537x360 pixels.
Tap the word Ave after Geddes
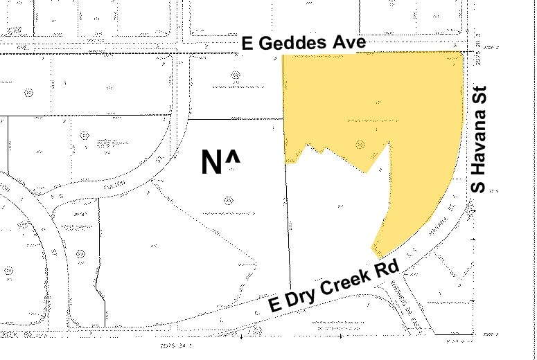(349, 44)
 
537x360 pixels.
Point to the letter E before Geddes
(247, 44)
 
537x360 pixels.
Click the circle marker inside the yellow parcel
(360, 144)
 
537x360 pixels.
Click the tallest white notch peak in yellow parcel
(386, 145)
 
